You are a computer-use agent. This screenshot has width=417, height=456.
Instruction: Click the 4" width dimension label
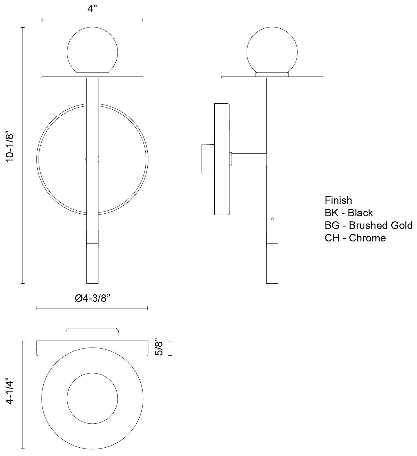[x=92, y=9]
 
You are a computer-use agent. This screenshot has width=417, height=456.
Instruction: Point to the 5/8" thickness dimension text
[x=159, y=348]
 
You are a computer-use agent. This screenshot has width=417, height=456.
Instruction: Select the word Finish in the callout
[x=338, y=200]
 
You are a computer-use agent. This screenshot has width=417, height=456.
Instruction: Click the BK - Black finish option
[x=349, y=213]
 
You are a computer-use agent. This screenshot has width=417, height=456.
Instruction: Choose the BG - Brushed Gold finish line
[x=368, y=225]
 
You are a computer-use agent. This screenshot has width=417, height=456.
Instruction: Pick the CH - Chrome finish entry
[x=355, y=238]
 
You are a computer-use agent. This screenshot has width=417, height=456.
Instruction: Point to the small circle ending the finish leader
[x=272, y=219]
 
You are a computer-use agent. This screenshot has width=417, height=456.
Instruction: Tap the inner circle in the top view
[x=92, y=397]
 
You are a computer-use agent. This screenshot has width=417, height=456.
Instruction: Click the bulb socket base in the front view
[x=92, y=75]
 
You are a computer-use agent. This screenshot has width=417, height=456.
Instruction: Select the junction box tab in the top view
[x=92, y=334]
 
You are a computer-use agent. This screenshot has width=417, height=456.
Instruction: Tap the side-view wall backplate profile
[x=222, y=159]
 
